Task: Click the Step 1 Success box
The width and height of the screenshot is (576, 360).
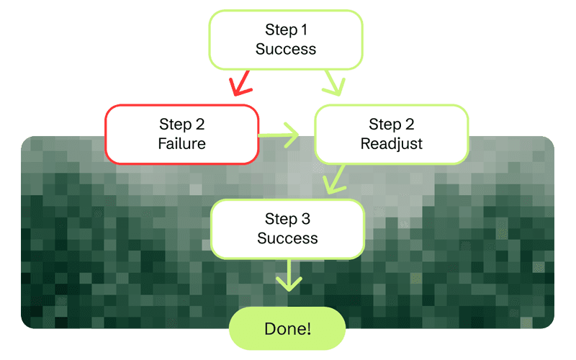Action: (286, 40)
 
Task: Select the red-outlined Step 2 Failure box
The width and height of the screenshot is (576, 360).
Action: (181, 134)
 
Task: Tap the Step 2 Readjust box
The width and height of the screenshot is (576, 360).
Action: (392, 134)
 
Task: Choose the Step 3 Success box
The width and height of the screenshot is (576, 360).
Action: (287, 229)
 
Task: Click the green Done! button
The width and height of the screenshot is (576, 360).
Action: (287, 329)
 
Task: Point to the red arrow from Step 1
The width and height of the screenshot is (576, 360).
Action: (240, 84)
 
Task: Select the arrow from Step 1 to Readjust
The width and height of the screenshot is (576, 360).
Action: (333, 84)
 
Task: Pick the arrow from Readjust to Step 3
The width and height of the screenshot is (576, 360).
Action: (333, 179)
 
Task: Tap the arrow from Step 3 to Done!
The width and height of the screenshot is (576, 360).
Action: (288, 275)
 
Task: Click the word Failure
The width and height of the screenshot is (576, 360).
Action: (181, 144)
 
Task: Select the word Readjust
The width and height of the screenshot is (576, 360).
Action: (392, 144)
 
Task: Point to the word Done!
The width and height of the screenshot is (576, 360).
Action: (287, 329)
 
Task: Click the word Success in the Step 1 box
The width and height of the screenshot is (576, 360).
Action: (286, 50)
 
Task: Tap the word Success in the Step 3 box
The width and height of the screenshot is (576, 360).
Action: (287, 238)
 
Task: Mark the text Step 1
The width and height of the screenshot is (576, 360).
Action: (286, 30)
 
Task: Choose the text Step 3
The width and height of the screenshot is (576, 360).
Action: (287, 220)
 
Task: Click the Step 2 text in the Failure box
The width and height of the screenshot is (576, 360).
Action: (181, 125)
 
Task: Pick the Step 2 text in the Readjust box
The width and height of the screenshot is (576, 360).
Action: (392, 125)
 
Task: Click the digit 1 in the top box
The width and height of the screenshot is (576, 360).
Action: (304, 30)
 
